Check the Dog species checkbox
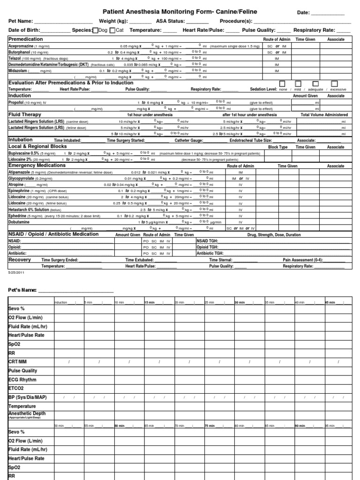click(96, 30)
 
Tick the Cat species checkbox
click(112, 30)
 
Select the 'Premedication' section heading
click(26, 39)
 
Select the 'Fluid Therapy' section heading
click(25, 114)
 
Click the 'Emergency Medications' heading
click(37, 165)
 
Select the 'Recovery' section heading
click(20, 259)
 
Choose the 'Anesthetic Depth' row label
click(27, 413)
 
